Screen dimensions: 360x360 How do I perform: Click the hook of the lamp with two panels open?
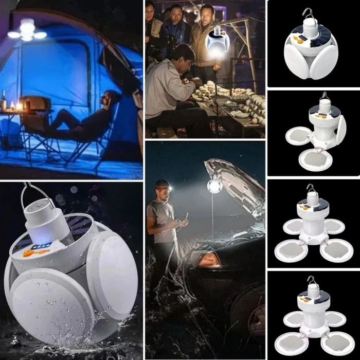tap(324, 96)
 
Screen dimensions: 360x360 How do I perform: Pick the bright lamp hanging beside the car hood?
tap(214, 186)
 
